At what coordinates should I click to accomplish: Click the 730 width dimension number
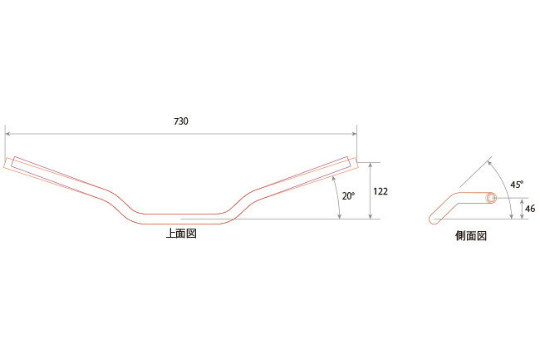click(181, 121)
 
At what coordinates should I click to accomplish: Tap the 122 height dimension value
click(380, 190)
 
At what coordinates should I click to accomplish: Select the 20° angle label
click(348, 196)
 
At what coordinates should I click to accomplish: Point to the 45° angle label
click(516, 185)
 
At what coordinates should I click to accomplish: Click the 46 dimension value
click(531, 209)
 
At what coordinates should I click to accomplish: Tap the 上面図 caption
click(181, 234)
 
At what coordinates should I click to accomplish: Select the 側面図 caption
click(470, 235)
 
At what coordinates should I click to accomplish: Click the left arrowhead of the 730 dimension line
click(8, 133)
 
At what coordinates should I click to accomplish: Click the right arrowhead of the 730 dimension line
click(354, 133)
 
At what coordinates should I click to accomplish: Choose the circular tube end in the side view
click(491, 198)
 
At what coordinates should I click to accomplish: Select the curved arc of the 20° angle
click(338, 196)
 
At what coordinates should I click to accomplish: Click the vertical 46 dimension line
click(523, 210)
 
